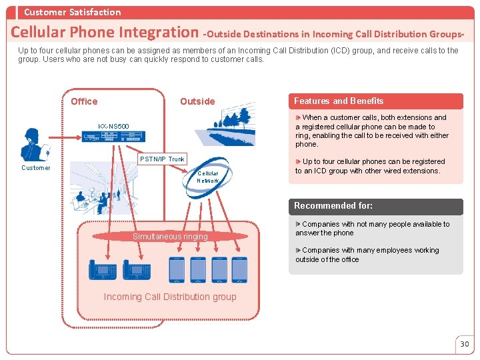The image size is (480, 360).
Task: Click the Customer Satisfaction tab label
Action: click(72, 12)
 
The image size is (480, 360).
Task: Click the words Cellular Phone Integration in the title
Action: click(104, 32)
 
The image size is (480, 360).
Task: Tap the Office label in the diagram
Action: click(84, 101)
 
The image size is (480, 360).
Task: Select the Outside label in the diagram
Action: click(197, 101)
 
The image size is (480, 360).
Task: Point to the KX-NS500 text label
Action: click(113, 126)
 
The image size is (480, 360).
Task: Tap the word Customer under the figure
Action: click(35, 168)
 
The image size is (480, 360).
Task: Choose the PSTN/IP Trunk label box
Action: click(162, 159)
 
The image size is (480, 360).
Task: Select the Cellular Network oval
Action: click(207, 177)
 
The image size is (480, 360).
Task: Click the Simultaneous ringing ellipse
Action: click(170, 236)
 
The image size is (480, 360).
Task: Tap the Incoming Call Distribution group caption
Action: click(170, 297)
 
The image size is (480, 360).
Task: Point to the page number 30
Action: click(465, 344)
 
